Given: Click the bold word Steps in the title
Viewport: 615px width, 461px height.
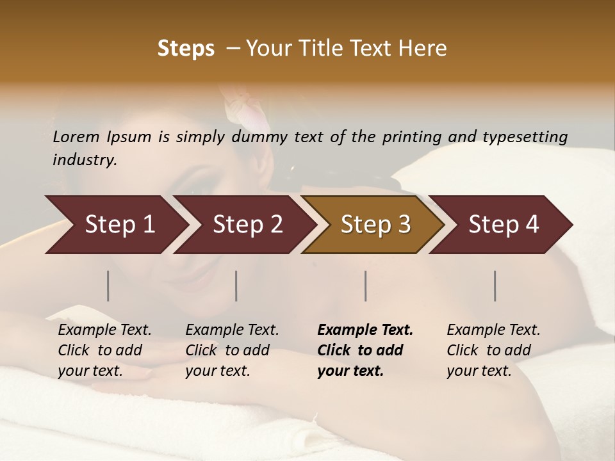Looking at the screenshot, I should coord(186,49).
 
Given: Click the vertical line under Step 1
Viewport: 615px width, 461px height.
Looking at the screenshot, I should coord(108,286).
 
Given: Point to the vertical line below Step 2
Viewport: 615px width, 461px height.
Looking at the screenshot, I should coord(236,286).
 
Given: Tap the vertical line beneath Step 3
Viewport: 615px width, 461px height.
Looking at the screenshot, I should coord(365,286).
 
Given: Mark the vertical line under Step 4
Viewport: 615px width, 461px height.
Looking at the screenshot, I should coord(495,286).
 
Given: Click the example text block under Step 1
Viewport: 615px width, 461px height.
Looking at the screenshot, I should coord(104,350).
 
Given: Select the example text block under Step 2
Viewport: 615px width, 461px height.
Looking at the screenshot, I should coord(232,350).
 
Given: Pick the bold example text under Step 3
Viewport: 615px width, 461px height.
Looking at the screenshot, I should coord(365,350).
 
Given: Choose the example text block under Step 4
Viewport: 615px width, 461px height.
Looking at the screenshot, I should coord(493,350).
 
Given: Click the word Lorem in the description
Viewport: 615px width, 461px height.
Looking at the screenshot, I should coord(76,136).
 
